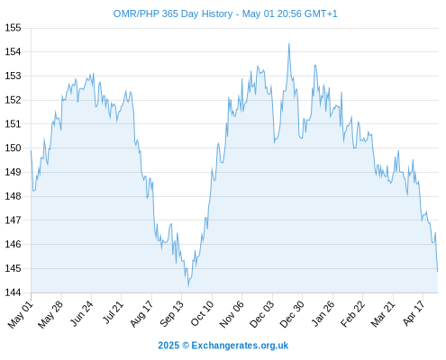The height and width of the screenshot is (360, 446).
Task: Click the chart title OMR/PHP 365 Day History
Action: (173, 13)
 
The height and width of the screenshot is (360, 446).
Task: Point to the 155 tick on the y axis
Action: (13, 28)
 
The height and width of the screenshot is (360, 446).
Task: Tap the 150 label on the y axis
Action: (13, 148)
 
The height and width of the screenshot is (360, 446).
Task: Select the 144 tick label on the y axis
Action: (13, 292)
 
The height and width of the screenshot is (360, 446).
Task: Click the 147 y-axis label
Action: (13, 220)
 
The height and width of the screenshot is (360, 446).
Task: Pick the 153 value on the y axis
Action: (13, 76)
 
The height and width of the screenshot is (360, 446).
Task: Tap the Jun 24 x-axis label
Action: (81, 313)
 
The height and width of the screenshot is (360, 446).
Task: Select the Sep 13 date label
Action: (171, 313)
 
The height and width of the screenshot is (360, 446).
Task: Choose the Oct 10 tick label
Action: (202, 313)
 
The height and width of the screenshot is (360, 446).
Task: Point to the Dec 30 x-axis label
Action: (292, 314)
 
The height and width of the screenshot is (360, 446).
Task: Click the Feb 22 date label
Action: (352, 313)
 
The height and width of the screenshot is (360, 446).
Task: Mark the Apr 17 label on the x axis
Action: (414, 313)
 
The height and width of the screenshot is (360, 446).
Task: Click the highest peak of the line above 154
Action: (289, 44)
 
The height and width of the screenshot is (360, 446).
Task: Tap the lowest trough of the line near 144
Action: (188, 285)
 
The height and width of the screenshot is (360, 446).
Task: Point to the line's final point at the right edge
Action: (438, 272)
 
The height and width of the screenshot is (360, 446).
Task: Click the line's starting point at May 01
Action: (31, 150)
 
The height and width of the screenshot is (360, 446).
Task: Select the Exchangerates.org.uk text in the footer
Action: (240, 346)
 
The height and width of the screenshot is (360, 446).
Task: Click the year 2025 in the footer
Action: (168, 346)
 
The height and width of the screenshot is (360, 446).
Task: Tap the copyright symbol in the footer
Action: (186, 346)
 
